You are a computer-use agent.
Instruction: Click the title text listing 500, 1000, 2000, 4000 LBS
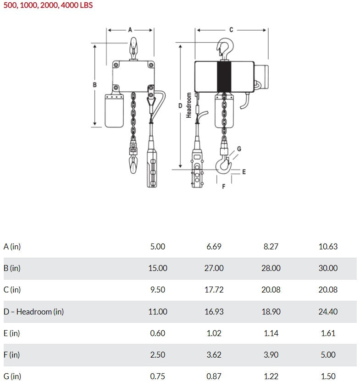click(x=48, y=6)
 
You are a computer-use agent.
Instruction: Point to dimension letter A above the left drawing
click(x=130, y=29)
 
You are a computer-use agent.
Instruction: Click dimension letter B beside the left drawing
click(x=94, y=85)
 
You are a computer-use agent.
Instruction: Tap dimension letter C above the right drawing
click(x=231, y=29)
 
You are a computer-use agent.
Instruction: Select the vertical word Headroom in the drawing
click(x=188, y=105)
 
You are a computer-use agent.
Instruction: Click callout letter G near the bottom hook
click(x=239, y=149)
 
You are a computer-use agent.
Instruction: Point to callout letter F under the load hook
click(x=223, y=187)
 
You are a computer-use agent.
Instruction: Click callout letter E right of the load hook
click(x=244, y=172)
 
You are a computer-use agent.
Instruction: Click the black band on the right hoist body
click(x=224, y=76)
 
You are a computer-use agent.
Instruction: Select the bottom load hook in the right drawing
click(x=224, y=163)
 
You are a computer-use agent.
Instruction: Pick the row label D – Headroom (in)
click(x=33, y=312)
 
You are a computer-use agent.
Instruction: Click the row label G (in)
click(x=12, y=376)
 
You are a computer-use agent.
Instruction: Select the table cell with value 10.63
click(x=328, y=247)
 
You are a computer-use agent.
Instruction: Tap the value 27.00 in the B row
click(x=214, y=268)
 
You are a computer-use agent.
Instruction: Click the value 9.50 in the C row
click(x=157, y=290)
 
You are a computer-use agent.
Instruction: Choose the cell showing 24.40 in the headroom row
click(x=328, y=312)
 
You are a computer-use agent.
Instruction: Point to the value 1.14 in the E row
click(x=271, y=333)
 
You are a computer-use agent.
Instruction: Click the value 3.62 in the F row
click(x=214, y=355)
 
